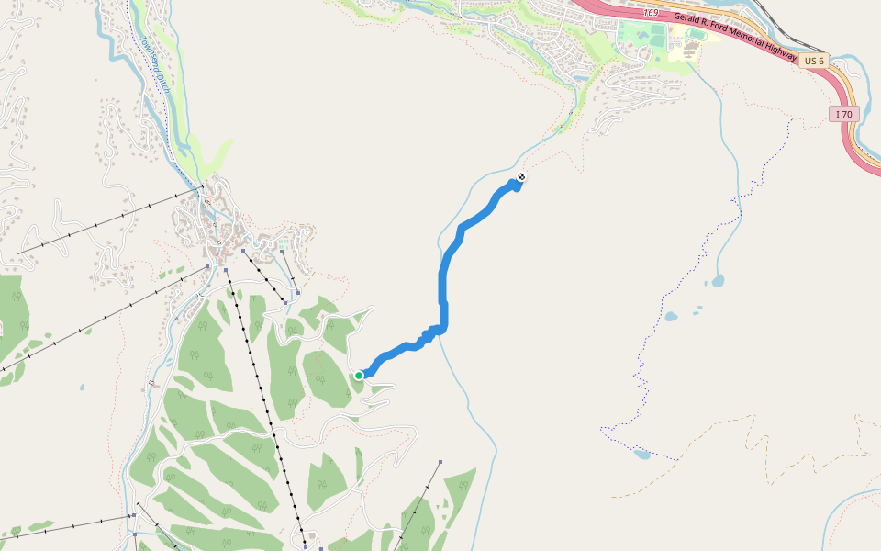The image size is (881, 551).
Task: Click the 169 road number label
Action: click(x=651, y=13)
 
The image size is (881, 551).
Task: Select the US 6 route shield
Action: click(x=812, y=61)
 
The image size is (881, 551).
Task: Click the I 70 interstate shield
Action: click(x=843, y=114)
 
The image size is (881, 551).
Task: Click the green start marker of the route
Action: click(x=359, y=375)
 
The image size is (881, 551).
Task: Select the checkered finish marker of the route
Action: click(x=521, y=176)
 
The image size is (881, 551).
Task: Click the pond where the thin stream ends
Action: click(x=718, y=281)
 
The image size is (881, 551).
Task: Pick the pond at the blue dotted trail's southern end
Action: click(x=641, y=454)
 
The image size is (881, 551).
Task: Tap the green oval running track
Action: click(x=653, y=37)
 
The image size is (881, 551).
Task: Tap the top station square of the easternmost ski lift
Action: click(x=440, y=462)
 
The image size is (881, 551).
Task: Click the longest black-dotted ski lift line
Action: click(x=266, y=413)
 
